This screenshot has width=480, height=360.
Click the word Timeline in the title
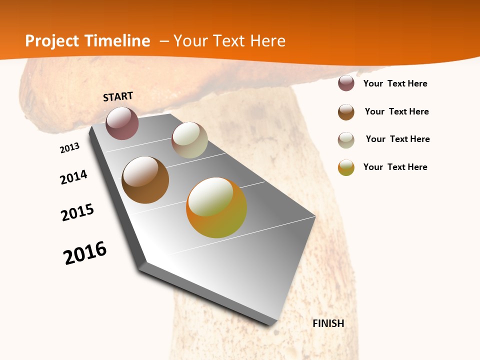click(x=117, y=41)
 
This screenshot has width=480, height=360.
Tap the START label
click(x=118, y=96)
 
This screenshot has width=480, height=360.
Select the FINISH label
click(x=328, y=323)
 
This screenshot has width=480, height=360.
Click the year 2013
click(x=70, y=148)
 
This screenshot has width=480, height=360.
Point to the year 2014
click(x=74, y=177)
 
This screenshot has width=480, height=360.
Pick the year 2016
click(x=85, y=253)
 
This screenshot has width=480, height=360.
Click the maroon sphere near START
click(x=122, y=123)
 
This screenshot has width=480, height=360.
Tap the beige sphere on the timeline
click(x=189, y=140)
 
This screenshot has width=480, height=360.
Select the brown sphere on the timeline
click(x=145, y=180)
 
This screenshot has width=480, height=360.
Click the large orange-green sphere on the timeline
click(x=216, y=207)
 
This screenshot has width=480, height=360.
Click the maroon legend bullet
click(x=346, y=83)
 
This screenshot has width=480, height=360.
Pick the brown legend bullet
click(x=346, y=112)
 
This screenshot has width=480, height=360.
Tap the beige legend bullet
click(x=346, y=140)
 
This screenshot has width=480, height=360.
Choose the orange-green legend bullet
click(x=346, y=167)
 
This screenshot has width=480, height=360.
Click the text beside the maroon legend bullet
click(x=395, y=83)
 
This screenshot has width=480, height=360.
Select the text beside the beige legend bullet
click(x=398, y=139)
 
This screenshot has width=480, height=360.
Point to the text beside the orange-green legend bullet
click(x=395, y=167)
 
